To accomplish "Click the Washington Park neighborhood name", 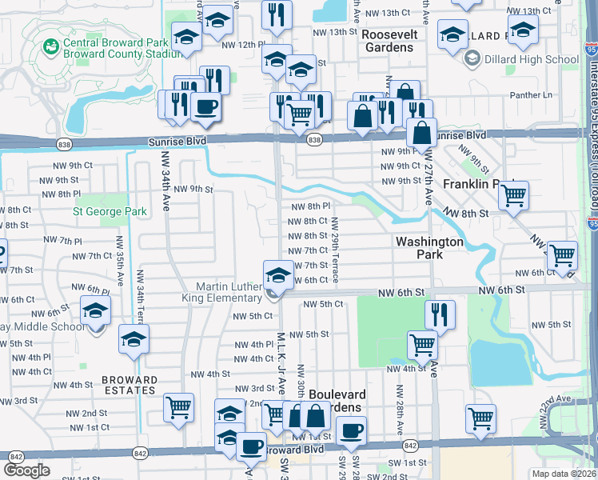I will (430, 247).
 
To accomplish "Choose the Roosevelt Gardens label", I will (389, 42).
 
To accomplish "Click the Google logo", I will (27, 470).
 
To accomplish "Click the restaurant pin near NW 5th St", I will (439, 313).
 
